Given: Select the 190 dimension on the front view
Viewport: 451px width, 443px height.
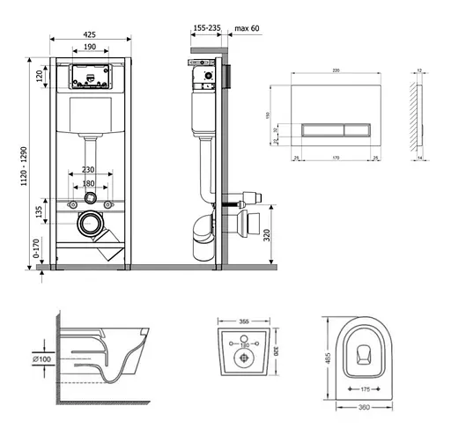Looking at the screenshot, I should (x=90, y=48).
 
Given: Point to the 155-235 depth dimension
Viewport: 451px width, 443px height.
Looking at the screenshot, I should (x=207, y=28).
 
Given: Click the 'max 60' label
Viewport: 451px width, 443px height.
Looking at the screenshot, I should (x=248, y=28).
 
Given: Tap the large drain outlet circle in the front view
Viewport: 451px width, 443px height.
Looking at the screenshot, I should (x=90, y=224).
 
